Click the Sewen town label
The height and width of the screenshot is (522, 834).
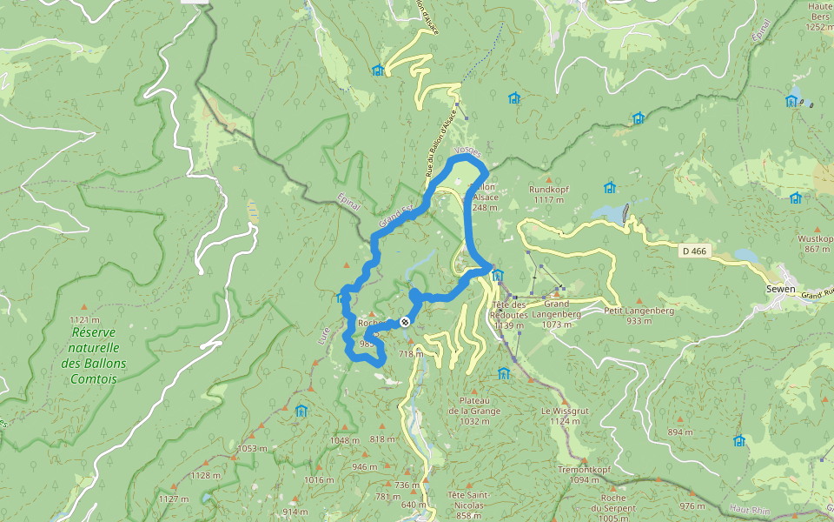(x=781, y=289)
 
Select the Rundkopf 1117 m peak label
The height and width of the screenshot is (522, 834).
(x=547, y=194)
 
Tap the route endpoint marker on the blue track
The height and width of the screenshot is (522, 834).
(x=405, y=322)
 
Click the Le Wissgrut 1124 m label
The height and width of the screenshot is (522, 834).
(x=559, y=416)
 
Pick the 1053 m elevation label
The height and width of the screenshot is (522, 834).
(x=252, y=449)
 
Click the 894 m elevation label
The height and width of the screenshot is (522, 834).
(x=680, y=432)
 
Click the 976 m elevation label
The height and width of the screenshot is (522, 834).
(x=692, y=505)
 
